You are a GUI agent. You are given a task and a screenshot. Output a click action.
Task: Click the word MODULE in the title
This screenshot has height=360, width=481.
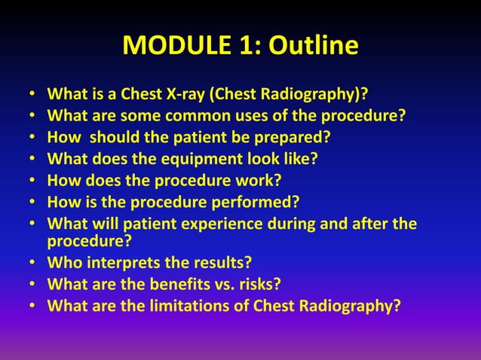[x=168, y=47]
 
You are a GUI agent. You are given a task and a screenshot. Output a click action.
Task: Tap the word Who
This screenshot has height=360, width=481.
[x=63, y=264]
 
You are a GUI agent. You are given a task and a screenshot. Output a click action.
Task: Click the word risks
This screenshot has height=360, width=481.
[x=265, y=285]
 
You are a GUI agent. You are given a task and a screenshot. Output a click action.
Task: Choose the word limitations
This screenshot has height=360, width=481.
[x=181, y=306]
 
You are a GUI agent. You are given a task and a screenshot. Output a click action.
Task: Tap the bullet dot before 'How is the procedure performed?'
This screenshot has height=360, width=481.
[x=32, y=203]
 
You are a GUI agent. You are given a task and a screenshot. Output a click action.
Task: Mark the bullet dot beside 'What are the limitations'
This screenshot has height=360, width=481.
[x=32, y=307]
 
